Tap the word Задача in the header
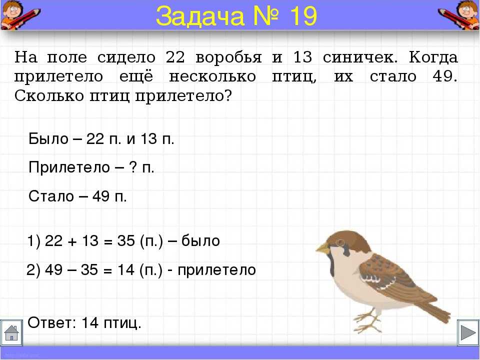coord(200,16)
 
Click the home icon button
coord(11,333)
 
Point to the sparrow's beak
coord(322,248)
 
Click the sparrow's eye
coord(340,243)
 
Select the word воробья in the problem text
coord(228,58)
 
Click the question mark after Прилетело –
coord(133,167)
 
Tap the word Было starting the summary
coord(48,139)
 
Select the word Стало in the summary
coord(51,196)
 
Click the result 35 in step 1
coord(126,241)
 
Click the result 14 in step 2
coord(126,269)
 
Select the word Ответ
coord(51,322)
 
